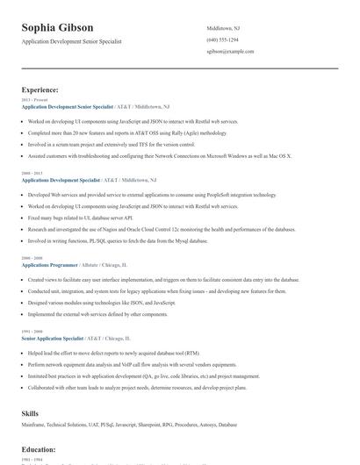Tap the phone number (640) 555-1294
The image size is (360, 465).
click(223, 39)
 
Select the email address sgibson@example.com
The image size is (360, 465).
click(230, 51)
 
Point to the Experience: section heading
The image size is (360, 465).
click(40, 89)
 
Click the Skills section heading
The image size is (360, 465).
click(30, 411)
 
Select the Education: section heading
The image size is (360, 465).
click(39, 448)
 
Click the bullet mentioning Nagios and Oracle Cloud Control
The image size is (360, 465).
click(149, 228)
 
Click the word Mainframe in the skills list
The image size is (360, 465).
click(33, 424)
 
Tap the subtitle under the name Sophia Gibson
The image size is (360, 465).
click(72, 41)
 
